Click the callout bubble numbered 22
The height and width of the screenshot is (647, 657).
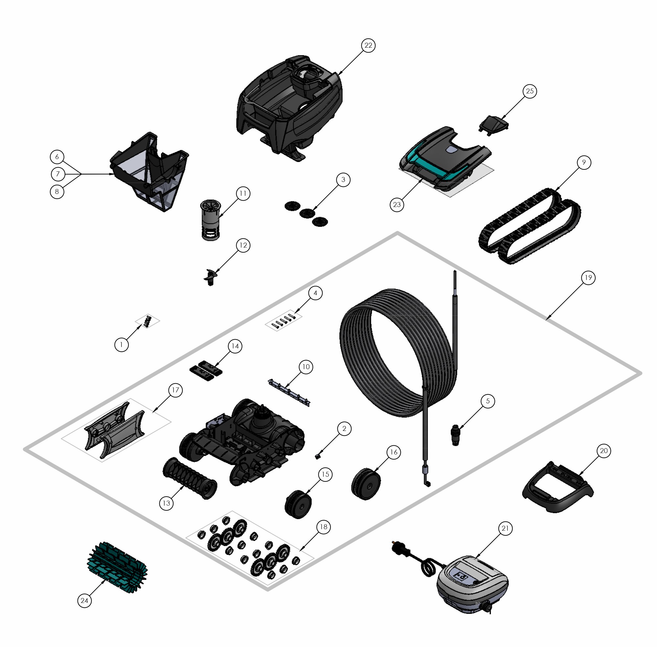pyautogui.click(x=368, y=46)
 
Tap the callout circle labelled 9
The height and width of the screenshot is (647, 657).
pyautogui.click(x=584, y=162)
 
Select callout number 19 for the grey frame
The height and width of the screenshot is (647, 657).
pyautogui.click(x=588, y=278)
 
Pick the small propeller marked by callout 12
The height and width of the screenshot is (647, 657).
pyautogui.click(x=210, y=277)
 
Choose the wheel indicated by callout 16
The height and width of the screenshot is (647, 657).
pyautogui.click(x=366, y=484)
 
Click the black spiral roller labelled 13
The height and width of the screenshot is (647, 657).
pyautogui.click(x=189, y=478)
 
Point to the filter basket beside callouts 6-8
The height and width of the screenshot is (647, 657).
pyautogui.click(x=149, y=172)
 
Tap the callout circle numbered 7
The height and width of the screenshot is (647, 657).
pyautogui.click(x=58, y=174)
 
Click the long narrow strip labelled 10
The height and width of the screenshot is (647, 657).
pyautogui.click(x=289, y=392)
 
